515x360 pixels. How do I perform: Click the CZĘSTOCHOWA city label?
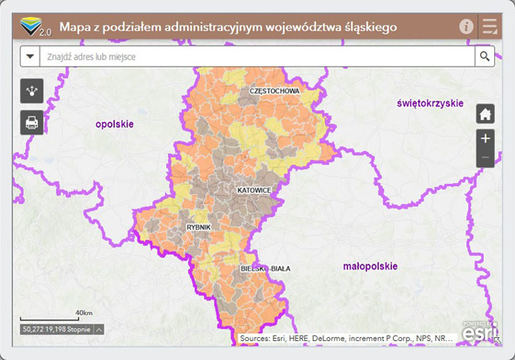click(274, 91)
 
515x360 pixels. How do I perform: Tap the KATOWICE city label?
click(254, 191)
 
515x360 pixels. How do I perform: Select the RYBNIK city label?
click(198, 228)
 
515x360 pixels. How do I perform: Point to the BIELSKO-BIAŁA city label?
click(265, 269)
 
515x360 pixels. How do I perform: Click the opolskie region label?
click(114, 124)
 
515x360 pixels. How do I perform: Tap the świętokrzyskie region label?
click(430, 103)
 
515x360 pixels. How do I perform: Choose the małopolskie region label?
click(370, 266)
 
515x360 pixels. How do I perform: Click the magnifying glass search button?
click(484, 56)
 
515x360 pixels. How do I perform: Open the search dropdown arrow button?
click(30, 56)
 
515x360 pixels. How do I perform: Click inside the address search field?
click(254, 56)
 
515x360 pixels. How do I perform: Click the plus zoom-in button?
click(486, 138)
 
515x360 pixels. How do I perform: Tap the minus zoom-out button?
click(486, 158)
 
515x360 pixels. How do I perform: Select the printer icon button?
click(32, 122)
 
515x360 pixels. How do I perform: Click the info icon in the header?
click(466, 27)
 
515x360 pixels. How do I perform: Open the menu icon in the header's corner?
click(490, 27)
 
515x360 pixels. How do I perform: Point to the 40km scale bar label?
click(84, 312)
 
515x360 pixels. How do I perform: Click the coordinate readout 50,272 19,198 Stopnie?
click(57, 328)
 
